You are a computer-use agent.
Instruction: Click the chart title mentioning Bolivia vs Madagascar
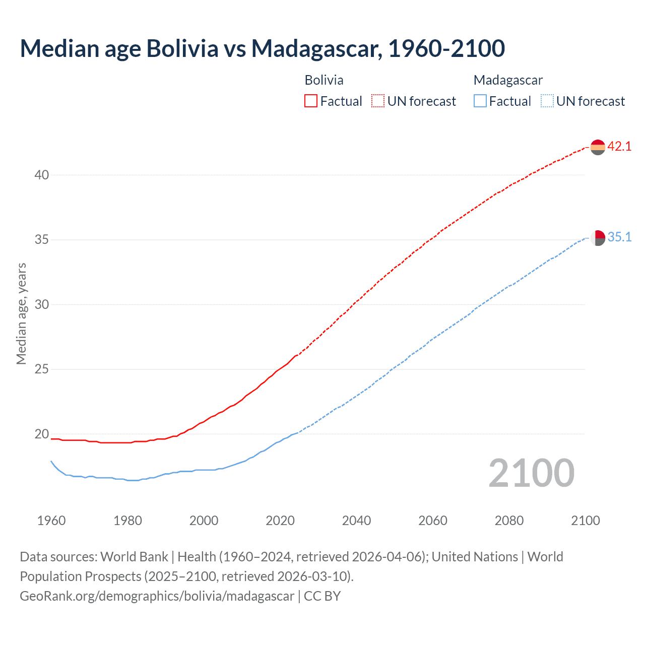pyautogui.click(x=262, y=48)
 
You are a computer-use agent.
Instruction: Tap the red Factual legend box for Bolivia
pyautogui.click(x=311, y=101)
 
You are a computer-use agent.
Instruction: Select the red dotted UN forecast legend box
pyautogui.click(x=378, y=101)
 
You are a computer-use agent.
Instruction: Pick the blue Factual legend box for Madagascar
pyautogui.click(x=480, y=101)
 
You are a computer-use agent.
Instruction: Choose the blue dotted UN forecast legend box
pyautogui.click(x=547, y=101)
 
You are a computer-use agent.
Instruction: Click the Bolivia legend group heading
pyautogui.click(x=324, y=80)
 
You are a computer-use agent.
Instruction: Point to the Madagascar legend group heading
pyautogui.click(x=508, y=80)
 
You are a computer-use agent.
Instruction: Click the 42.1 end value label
pyautogui.click(x=619, y=147)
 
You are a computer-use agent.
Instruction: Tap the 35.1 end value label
pyautogui.click(x=619, y=237)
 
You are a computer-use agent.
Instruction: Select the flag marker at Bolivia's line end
pyautogui.click(x=598, y=147)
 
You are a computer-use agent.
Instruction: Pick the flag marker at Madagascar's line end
pyautogui.click(x=598, y=238)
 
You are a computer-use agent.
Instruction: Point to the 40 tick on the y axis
pyautogui.click(x=42, y=175)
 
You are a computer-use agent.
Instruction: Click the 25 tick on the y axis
pyautogui.click(x=42, y=369)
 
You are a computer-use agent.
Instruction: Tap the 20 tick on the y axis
pyautogui.click(x=42, y=434)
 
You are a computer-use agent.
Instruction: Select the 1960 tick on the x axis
pyautogui.click(x=51, y=521)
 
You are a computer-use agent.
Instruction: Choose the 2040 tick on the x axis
pyautogui.click(x=357, y=521)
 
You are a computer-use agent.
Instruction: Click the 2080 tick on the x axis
pyautogui.click(x=509, y=521)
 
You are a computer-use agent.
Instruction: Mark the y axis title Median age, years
pyautogui.click(x=21, y=313)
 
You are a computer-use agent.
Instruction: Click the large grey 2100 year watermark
pyautogui.click(x=532, y=473)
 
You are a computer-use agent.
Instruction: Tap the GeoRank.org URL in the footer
pyautogui.click(x=157, y=596)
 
